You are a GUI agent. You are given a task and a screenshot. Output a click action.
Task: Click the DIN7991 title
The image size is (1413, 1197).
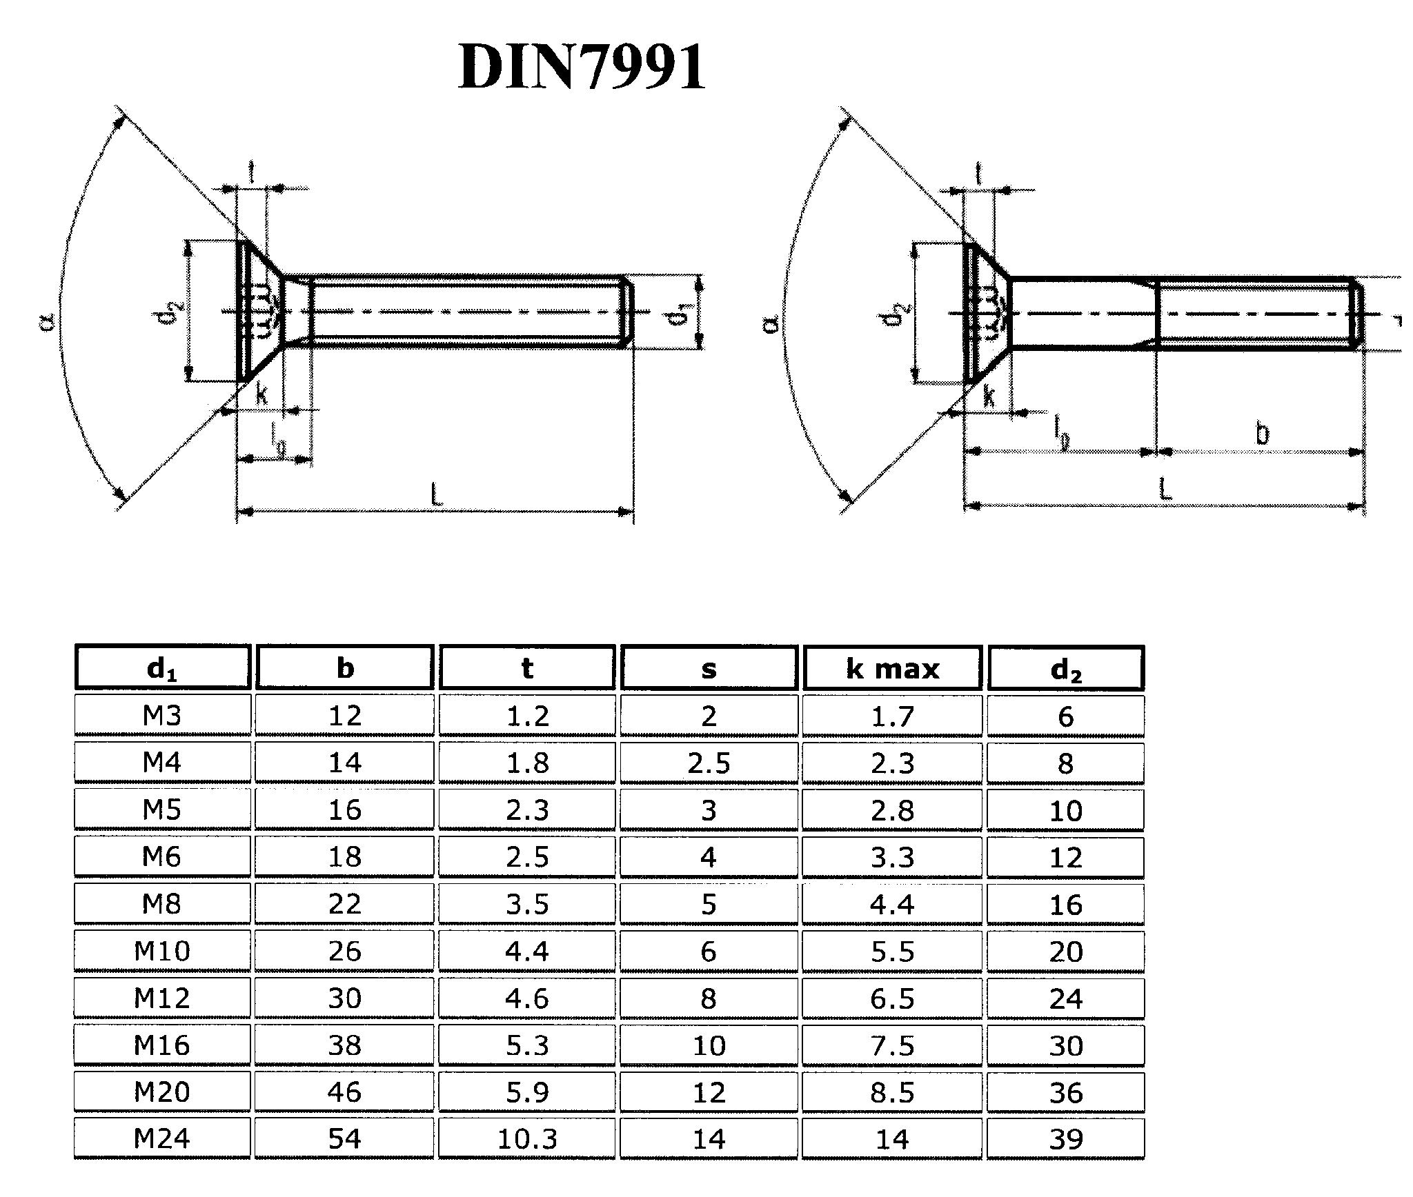pyautogui.click(x=582, y=67)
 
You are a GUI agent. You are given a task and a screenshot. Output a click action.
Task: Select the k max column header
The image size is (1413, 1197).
pyautogui.click(x=892, y=668)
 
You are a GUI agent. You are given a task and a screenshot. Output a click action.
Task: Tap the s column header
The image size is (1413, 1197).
pyautogui.click(x=709, y=668)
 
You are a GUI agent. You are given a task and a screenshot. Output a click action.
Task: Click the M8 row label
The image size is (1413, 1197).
pyautogui.click(x=161, y=903)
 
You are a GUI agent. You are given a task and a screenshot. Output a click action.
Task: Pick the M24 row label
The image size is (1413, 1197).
pyautogui.click(x=161, y=1138)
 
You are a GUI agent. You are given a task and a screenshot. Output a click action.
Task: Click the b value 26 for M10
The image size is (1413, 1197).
pyautogui.click(x=344, y=951)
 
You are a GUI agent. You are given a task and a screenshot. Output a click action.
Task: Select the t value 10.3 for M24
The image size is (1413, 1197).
pyautogui.click(x=527, y=1138)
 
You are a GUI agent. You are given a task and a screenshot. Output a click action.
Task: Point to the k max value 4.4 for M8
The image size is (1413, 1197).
pyautogui.click(x=892, y=903)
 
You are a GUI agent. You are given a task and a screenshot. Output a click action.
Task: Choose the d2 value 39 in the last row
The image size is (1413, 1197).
pyautogui.click(x=1065, y=1138)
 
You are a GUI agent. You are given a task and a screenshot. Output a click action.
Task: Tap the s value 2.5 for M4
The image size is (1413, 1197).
pyautogui.click(x=709, y=763)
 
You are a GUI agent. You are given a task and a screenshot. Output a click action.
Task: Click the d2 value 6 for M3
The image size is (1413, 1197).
pyautogui.click(x=1065, y=716)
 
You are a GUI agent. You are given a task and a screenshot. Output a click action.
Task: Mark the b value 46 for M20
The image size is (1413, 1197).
pyautogui.click(x=344, y=1092)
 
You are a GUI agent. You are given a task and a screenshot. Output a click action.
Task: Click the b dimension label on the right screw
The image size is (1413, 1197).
pyautogui.click(x=1261, y=434)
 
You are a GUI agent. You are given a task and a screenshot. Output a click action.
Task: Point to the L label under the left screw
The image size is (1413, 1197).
pyautogui.click(x=435, y=494)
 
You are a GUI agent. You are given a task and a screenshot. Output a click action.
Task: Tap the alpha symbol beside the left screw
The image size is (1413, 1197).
pyautogui.click(x=47, y=321)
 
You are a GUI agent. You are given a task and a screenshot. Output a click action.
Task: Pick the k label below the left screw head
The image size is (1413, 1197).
pyautogui.click(x=262, y=394)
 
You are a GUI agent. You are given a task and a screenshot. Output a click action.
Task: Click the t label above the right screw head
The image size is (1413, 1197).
pyautogui.click(x=979, y=174)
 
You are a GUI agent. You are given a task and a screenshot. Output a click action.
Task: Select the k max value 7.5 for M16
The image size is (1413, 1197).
pyautogui.click(x=892, y=1045)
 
